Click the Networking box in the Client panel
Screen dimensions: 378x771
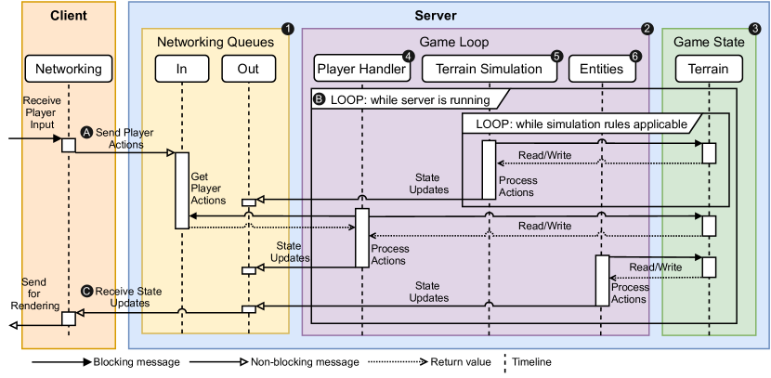point(68,68)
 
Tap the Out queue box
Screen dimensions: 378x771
point(248,68)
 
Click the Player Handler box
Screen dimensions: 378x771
point(361,68)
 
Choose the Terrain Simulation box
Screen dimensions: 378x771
point(490,68)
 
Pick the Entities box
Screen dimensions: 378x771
point(601,68)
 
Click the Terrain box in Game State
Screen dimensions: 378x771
point(709,68)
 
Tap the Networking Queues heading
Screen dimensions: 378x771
point(216,42)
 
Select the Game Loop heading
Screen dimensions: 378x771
point(454,42)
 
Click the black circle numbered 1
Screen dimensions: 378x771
point(287,29)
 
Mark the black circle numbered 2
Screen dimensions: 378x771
point(647,29)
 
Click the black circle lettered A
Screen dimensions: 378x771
point(88,132)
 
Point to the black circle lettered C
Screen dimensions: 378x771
point(87,291)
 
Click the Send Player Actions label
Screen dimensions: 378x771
point(125,138)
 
